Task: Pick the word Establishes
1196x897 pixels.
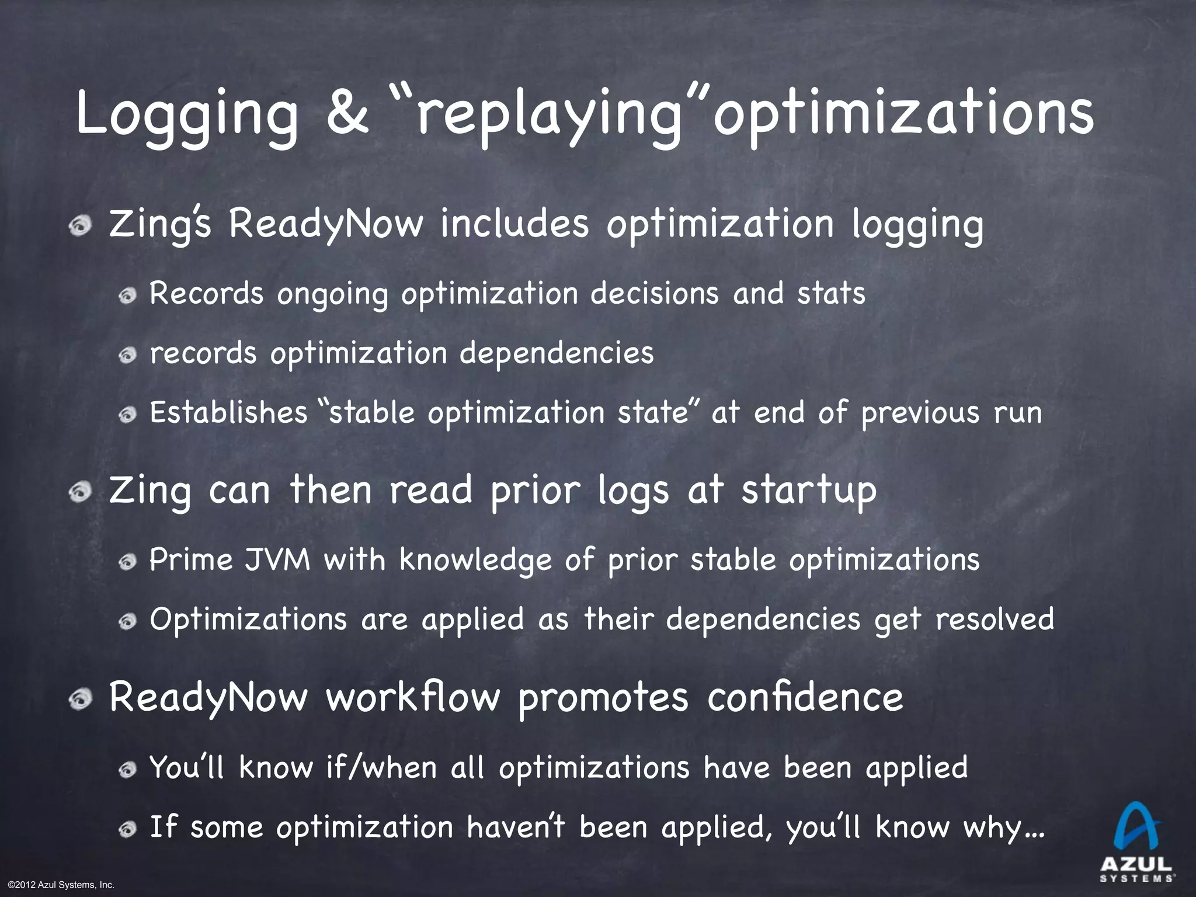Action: [x=228, y=412]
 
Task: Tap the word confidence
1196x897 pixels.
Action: [x=805, y=697]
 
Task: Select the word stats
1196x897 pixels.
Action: [x=831, y=293]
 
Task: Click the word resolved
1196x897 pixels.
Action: [x=995, y=619]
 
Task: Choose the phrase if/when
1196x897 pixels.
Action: [x=382, y=767]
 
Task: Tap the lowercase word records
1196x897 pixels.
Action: [x=203, y=353]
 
